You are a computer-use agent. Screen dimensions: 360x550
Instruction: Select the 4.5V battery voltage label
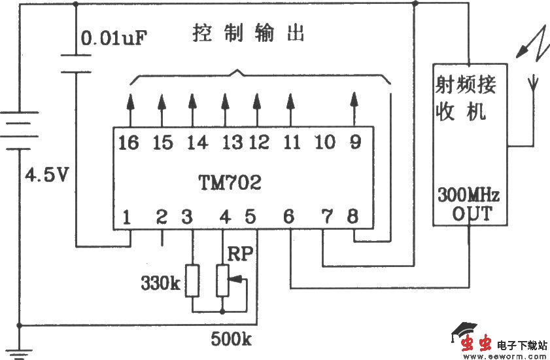tap(46, 175)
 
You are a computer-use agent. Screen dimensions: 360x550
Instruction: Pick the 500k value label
tap(232, 340)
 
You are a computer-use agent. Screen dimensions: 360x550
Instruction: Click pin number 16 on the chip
tap(129, 142)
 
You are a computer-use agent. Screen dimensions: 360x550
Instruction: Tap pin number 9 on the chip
tap(354, 142)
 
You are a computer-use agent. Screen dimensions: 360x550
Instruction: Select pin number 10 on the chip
tap(324, 142)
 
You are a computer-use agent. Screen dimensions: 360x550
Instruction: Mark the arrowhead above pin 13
tap(225, 101)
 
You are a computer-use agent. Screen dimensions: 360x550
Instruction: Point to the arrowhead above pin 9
tap(354, 100)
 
